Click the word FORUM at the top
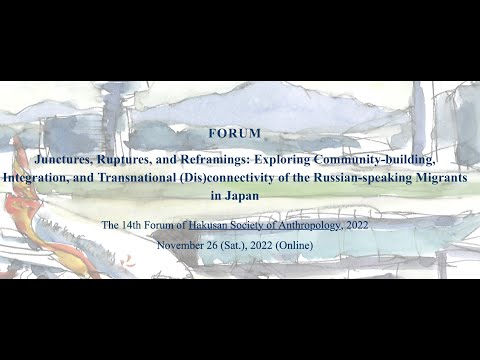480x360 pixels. click(235, 132)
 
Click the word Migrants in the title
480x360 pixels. click(441, 177)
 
